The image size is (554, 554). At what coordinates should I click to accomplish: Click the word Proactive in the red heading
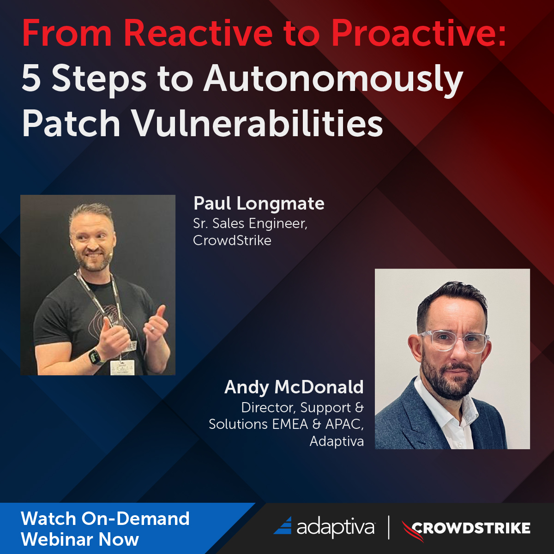click(x=418, y=33)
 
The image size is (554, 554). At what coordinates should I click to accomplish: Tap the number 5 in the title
click(x=31, y=78)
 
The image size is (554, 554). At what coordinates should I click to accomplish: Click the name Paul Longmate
click(x=259, y=203)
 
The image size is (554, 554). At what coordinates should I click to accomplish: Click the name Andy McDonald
click(x=294, y=387)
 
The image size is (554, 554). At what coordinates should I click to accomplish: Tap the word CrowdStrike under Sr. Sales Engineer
click(x=232, y=241)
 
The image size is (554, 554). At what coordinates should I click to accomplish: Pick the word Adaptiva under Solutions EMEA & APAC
click(x=336, y=441)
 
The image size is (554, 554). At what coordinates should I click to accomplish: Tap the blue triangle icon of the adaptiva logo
click(x=283, y=526)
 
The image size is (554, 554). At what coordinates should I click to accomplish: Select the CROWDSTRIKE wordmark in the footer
click(x=471, y=528)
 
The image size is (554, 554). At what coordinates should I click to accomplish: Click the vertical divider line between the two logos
click(x=388, y=528)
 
